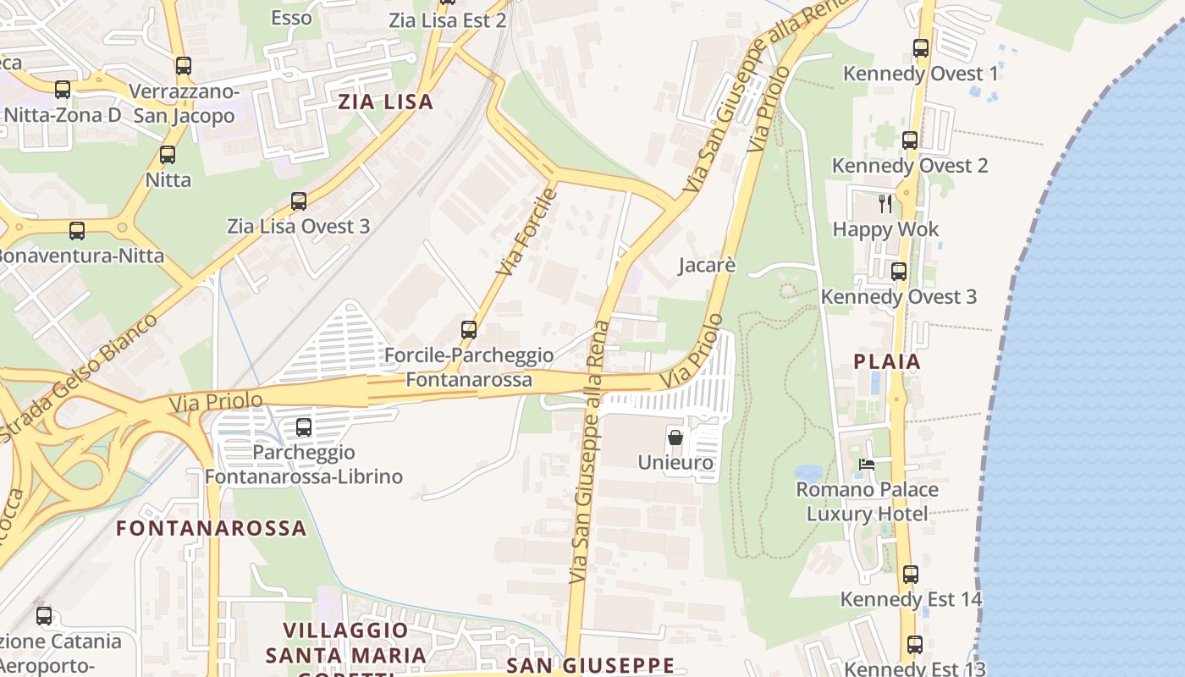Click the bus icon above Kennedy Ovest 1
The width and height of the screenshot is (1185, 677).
click(x=921, y=48)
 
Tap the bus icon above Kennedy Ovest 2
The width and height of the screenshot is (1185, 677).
click(x=910, y=140)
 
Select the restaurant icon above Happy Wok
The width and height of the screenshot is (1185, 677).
click(x=885, y=203)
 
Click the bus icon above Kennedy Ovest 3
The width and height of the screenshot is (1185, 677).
click(x=899, y=272)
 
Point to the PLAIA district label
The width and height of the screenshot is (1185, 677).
click(x=887, y=361)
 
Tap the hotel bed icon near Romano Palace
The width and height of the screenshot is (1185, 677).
click(x=867, y=464)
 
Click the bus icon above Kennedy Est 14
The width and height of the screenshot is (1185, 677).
click(x=911, y=575)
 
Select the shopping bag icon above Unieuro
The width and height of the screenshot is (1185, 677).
click(x=675, y=438)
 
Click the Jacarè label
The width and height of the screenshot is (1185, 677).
click(x=707, y=266)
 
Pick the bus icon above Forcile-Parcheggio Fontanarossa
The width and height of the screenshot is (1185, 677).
click(x=469, y=330)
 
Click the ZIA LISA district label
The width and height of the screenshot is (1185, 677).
click(x=386, y=102)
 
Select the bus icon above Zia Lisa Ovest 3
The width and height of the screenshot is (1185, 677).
click(x=299, y=201)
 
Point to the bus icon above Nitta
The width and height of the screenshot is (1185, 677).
click(x=168, y=155)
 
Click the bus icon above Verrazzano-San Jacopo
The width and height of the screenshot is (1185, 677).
click(x=184, y=66)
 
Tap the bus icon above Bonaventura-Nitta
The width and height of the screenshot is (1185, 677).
click(x=77, y=230)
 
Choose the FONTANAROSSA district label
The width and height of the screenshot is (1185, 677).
click(x=211, y=528)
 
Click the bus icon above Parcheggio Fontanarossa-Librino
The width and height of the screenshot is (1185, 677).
click(x=304, y=427)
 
